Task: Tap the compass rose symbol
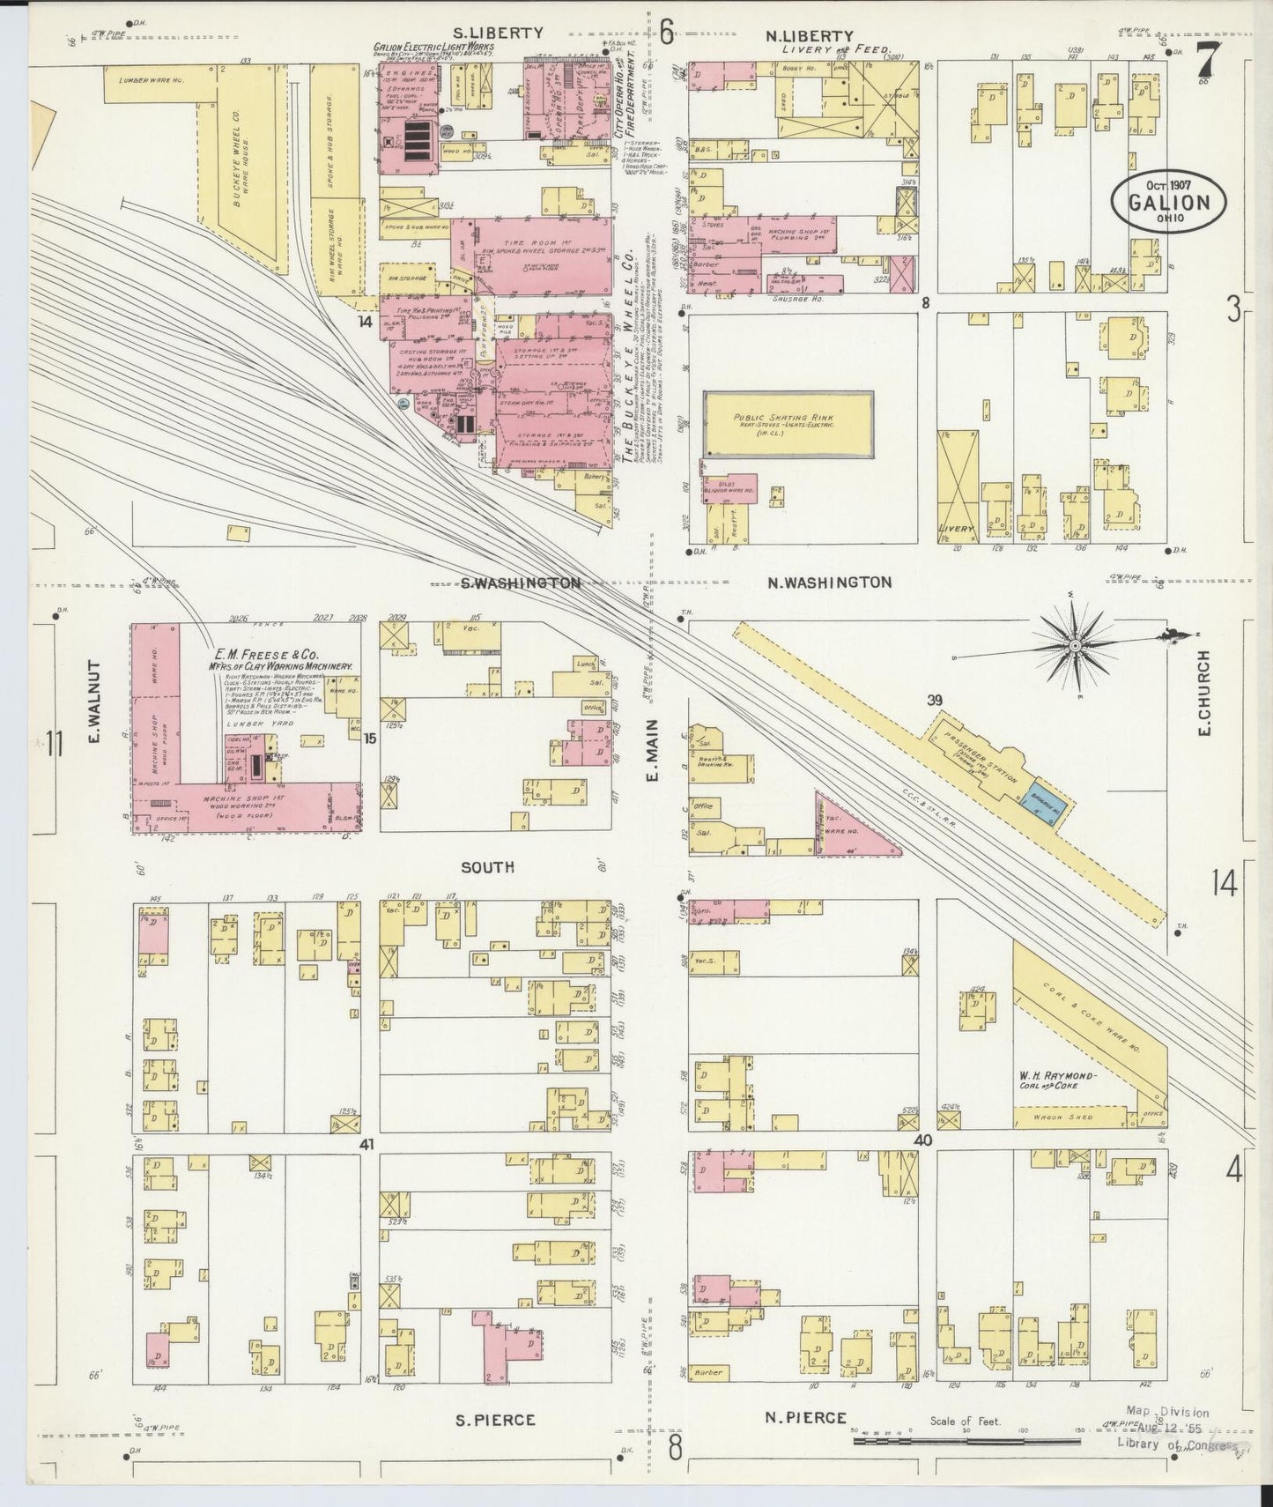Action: (1075, 646)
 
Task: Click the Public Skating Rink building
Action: (788, 424)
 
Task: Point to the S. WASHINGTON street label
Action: (521, 583)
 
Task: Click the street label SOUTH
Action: (487, 867)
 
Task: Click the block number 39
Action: (934, 701)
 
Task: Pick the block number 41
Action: (367, 1143)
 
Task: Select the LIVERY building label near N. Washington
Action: (956, 529)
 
